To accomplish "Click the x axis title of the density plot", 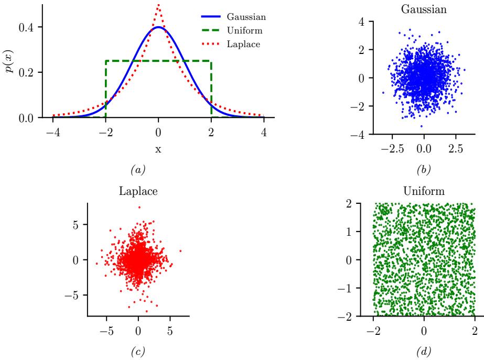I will pyautogui.click(x=158, y=149).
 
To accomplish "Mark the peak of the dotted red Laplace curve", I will pyautogui.click(x=158, y=4).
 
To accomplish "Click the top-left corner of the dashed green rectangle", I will pyautogui.click(x=105, y=61).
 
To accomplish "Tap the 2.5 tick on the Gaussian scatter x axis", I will pyautogui.click(x=456, y=149).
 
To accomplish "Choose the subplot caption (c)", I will pyautogui.click(x=138, y=350).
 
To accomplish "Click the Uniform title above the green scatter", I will pyautogui.click(x=424, y=191).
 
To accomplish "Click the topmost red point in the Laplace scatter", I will pyautogui.click(x=139, y=207).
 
